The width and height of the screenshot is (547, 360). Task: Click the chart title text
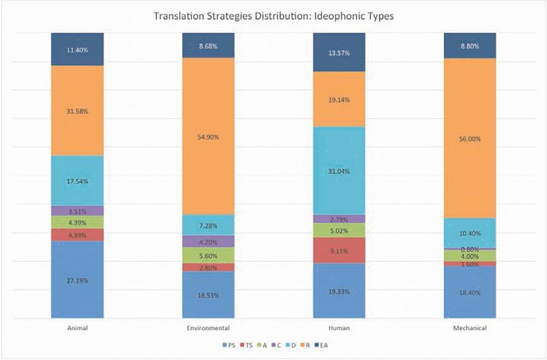(x=273, y=16)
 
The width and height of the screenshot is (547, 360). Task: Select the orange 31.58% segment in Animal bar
(x=77, y=110)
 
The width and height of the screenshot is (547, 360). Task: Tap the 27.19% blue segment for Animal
(x=77, y=281)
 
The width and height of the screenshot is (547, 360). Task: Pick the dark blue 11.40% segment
(x=77, y=49)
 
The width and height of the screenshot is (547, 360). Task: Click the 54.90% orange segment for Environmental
(x=208, y=136)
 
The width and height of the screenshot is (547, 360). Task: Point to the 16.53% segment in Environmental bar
(x=208, y=295)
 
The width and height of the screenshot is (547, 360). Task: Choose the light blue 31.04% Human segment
(x=339, y=171)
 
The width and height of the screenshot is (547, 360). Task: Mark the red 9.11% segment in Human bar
(x=339, y=250)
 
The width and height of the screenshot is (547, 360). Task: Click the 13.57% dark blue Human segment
(x=339, y=52)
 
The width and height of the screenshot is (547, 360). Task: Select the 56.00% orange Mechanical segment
(x=470, y=138)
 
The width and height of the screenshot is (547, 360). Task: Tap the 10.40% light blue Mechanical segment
(x=470, y=233)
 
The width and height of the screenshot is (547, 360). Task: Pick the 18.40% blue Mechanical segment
(x=470, y=292)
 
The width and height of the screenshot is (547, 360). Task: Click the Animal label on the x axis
(x=77, y=328)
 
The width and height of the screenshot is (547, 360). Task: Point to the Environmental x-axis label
(x=208, y=328)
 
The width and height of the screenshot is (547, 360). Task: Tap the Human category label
(x=339, y=328)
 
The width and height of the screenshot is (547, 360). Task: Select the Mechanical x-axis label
(x=470, y=328)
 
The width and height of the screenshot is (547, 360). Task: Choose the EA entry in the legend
(x=323, y=345)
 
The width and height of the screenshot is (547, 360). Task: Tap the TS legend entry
(x=247, y=345)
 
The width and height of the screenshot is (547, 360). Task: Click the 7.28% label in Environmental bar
(x=208, y=225)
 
